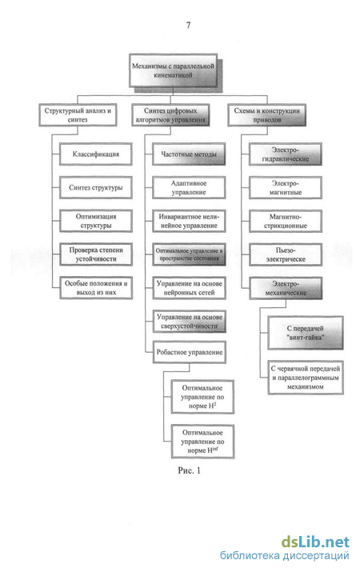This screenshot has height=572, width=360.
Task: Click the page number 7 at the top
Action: pyautogui.click(x=188, y=25)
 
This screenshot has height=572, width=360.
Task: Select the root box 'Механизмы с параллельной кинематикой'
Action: pyautogui.click(x=174, y=70)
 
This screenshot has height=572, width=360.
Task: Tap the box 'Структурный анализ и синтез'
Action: pyautogui.click(x=78, y=115)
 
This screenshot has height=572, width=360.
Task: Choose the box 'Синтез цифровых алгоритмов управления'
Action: pyautogui.click(x=170, y=115)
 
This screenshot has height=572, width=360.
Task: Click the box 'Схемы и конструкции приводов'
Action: pyautogui.click(x=267, y=115)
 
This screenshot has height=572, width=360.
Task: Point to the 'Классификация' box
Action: pyautogui.click(x=95, y=154)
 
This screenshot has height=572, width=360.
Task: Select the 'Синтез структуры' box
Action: pyautogui.click(x=95, y=187)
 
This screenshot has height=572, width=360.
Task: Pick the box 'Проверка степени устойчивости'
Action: pyautogui.click(x=95, y=254)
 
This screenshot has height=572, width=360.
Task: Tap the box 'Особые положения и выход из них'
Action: pyautogui.click(x=95, y=288)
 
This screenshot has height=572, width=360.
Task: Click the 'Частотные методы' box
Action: pyautogui.click(x=189, y=154)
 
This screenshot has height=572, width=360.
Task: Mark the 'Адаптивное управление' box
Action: pyautogui.click(x=189, y=187)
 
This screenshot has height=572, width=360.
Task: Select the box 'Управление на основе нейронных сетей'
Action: pyautogui.click(x=189, y=288)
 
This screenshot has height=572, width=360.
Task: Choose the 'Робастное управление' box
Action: pyautogui.click(x=190, y=352)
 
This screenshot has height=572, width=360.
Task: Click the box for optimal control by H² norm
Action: pyautogui.click(x=202, y=397)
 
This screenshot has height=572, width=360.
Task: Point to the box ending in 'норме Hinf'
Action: pyautogui.click(x=202, y=442)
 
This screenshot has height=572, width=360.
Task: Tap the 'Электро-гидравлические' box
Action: pyautogui.click(x=286, y=154)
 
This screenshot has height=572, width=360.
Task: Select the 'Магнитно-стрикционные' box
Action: pyautogui.click(x=286, y=221)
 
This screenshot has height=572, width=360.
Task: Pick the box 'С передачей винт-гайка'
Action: pyautogui.click(x=306, y=333)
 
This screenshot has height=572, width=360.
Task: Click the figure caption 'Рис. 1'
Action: pyautogui.click(x=189, y=470)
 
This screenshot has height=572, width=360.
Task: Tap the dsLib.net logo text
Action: pyautogui.click(x=315, y=542)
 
